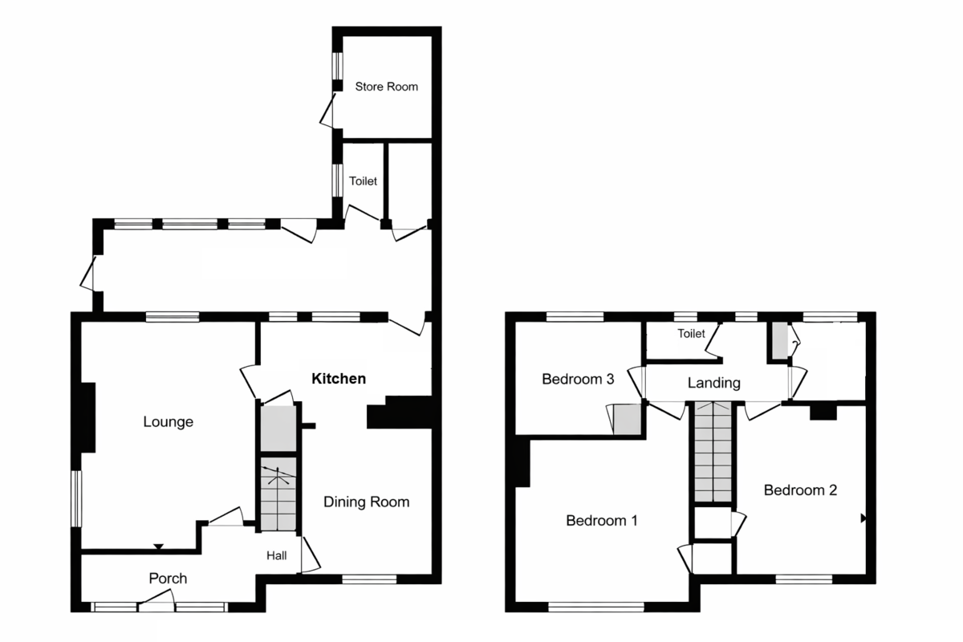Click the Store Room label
coord(387,87)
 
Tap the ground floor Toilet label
coord(363,181)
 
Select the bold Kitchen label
coord(339,379)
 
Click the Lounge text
coord(169,421)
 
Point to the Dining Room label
coord(366,502)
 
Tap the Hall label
coord(278,555)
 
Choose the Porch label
coord(168,578)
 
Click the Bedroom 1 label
coord(602,521)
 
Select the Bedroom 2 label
coord(800,490)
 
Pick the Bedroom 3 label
coord(578,380)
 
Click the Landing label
coord(713,384)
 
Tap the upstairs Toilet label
coord(690,334)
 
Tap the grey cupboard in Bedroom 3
coord(627,421)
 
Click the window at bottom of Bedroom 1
coord(596,607)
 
